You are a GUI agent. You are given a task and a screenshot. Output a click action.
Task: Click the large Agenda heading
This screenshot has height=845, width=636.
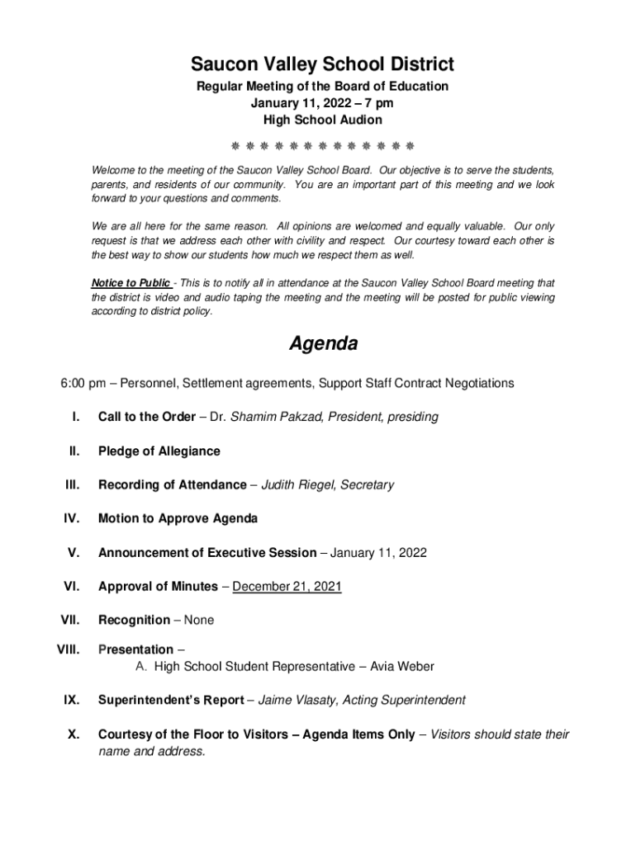[323, 344]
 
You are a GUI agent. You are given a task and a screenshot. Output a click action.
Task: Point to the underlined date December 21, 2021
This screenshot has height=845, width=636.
[287, 587]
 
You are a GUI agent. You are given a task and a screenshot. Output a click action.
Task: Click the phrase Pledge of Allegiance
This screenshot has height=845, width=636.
[159, 451]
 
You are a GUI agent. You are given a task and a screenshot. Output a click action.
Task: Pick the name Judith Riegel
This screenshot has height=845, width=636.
[297, 485]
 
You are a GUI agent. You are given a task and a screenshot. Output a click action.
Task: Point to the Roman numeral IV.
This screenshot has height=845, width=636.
[71, 519]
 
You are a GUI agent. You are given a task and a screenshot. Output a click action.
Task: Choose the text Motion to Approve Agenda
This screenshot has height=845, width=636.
[178, 519]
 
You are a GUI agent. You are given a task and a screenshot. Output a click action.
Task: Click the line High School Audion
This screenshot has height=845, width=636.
[322, 120]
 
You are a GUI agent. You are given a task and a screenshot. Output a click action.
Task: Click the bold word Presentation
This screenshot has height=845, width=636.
[135, 649]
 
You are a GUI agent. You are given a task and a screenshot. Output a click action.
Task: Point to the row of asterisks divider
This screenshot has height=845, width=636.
[322, 146]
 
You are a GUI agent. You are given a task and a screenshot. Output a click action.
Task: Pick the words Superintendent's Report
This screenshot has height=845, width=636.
[170, 701]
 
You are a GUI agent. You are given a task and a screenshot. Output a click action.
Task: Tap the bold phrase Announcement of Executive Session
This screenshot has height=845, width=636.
[206, 553]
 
